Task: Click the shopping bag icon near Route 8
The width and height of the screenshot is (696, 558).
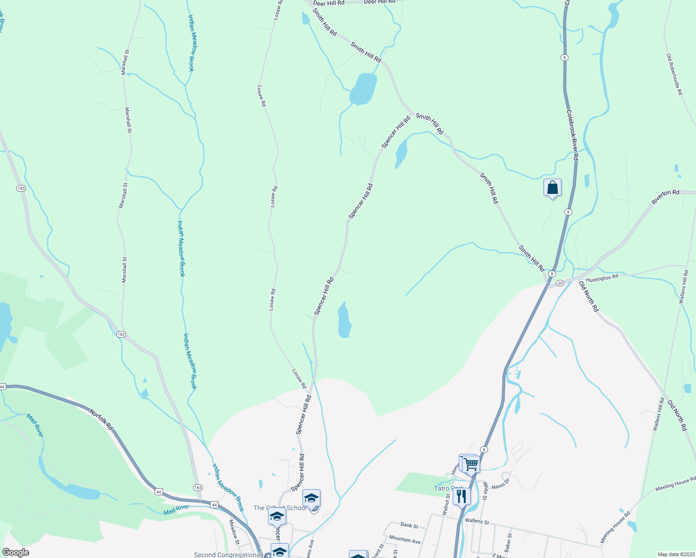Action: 552,188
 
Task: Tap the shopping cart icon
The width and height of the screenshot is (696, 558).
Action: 471,464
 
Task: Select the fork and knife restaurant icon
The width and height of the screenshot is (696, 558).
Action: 461,496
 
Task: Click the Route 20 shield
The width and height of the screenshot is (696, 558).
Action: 560,283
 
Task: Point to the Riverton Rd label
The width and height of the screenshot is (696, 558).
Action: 665,197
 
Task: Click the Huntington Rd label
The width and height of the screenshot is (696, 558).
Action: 602,278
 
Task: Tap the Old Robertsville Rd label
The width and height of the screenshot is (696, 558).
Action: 674,74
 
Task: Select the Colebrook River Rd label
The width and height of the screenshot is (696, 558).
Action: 572,135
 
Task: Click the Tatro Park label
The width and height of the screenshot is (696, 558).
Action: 448,488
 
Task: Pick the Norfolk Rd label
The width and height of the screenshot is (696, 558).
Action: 101,420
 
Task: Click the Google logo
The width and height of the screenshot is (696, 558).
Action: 15,552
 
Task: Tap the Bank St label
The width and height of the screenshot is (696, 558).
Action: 409,525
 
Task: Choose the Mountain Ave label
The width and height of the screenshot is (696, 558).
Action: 405,539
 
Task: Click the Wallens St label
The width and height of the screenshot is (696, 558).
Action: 476,521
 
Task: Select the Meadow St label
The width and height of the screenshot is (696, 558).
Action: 234,531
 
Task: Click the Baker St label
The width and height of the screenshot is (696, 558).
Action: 509,542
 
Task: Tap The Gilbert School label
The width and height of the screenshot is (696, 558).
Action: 280,508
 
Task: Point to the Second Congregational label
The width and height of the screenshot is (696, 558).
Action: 228,554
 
